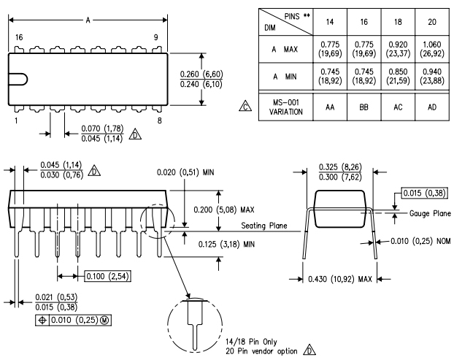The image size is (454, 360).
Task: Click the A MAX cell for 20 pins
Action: (431, 49)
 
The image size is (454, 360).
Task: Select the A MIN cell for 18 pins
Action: (398, 76)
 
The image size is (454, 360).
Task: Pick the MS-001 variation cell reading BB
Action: (364, 107)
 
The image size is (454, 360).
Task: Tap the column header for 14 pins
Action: (330, 22)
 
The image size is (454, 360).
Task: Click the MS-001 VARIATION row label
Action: (286, 107)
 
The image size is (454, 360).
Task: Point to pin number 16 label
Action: (19, 37)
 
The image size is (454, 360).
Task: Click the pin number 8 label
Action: (160, 120)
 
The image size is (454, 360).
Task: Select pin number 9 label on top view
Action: (155, 37)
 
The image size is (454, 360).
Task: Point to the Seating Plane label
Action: (264, 226)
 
